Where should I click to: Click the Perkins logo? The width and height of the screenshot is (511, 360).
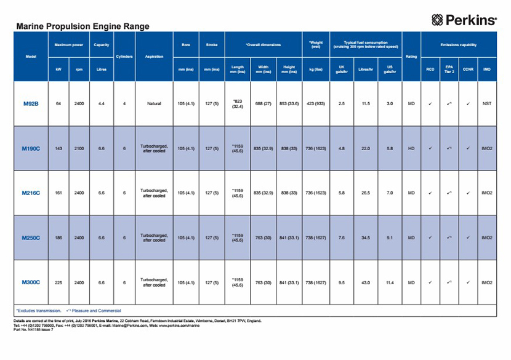[x=464, y=20]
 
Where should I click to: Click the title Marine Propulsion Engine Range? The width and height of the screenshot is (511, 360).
[x=82, y=27]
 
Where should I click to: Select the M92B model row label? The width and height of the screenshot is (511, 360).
[x=31, y=103]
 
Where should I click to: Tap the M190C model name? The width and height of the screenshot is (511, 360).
[x=31, y=148]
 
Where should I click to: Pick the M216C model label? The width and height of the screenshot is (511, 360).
[x=31, y=193]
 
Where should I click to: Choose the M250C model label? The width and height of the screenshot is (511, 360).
[x=31, y=238]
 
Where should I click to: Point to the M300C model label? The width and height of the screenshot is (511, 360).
[x=31, y=282]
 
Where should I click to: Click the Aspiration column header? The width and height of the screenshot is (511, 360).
[x=154, y=57]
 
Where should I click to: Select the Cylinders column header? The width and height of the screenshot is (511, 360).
[x=124, y=57]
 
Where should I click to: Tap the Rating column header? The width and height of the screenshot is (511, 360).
[x=411, y=57]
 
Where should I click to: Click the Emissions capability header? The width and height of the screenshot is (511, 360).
[x=458, y=45]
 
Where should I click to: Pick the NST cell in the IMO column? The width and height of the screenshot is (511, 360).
[x=487, y=103]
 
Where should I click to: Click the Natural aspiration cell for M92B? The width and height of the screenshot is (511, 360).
[x=154, y=103]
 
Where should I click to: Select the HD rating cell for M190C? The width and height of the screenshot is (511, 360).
[x=411, y=148]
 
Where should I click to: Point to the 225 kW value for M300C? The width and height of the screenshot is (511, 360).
[x=58, y=282]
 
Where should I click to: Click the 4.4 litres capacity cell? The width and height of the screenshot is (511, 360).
[x=101, y=103]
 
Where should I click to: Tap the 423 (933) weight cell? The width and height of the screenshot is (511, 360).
[x=316, y=103]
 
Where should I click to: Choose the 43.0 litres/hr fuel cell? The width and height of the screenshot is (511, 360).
[x=366, y=282]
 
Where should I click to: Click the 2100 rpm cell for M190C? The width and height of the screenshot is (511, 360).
[x=79, y=148]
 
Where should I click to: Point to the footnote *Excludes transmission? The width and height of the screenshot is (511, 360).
[x=38, y=311]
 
